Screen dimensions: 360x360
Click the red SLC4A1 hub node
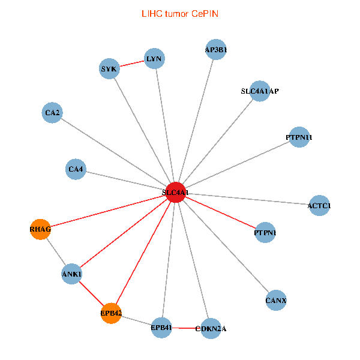[175, 192]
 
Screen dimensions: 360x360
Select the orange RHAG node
[40, 229]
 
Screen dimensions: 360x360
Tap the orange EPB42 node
[111, 313]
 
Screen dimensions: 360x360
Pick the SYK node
[109, 69]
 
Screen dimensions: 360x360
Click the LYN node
[154, 59]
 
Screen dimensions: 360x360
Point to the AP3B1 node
[216, 50]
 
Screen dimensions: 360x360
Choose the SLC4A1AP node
[259, 91]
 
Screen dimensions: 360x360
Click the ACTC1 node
[319, 206]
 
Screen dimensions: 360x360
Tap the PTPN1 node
[265, 232]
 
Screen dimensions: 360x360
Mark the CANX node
[275, 299]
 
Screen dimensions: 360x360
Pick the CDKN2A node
[211, 328]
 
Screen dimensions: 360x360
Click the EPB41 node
[161, 328]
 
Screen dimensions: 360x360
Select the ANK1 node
[71, 274]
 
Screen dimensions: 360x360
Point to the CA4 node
[76, 170]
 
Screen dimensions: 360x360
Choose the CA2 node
[53, 112]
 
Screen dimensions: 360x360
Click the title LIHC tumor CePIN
[180, 13]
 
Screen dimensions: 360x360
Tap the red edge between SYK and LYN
[132, 64]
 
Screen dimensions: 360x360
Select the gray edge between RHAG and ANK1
[56, 252]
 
